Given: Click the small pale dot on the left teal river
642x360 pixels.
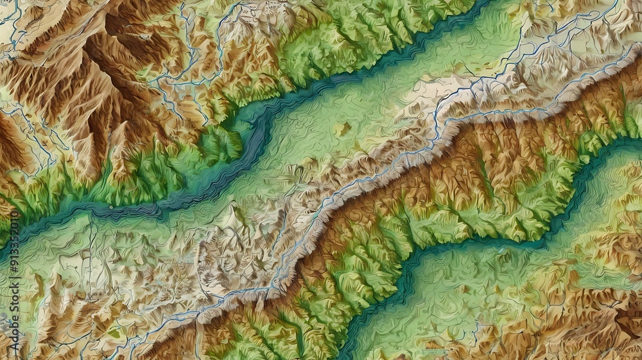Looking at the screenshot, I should (x=110, y=207).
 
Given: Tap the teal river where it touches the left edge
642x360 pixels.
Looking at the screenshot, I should (x=3, y=247).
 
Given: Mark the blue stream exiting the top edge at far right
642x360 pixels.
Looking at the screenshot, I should (x=616, y=3).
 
